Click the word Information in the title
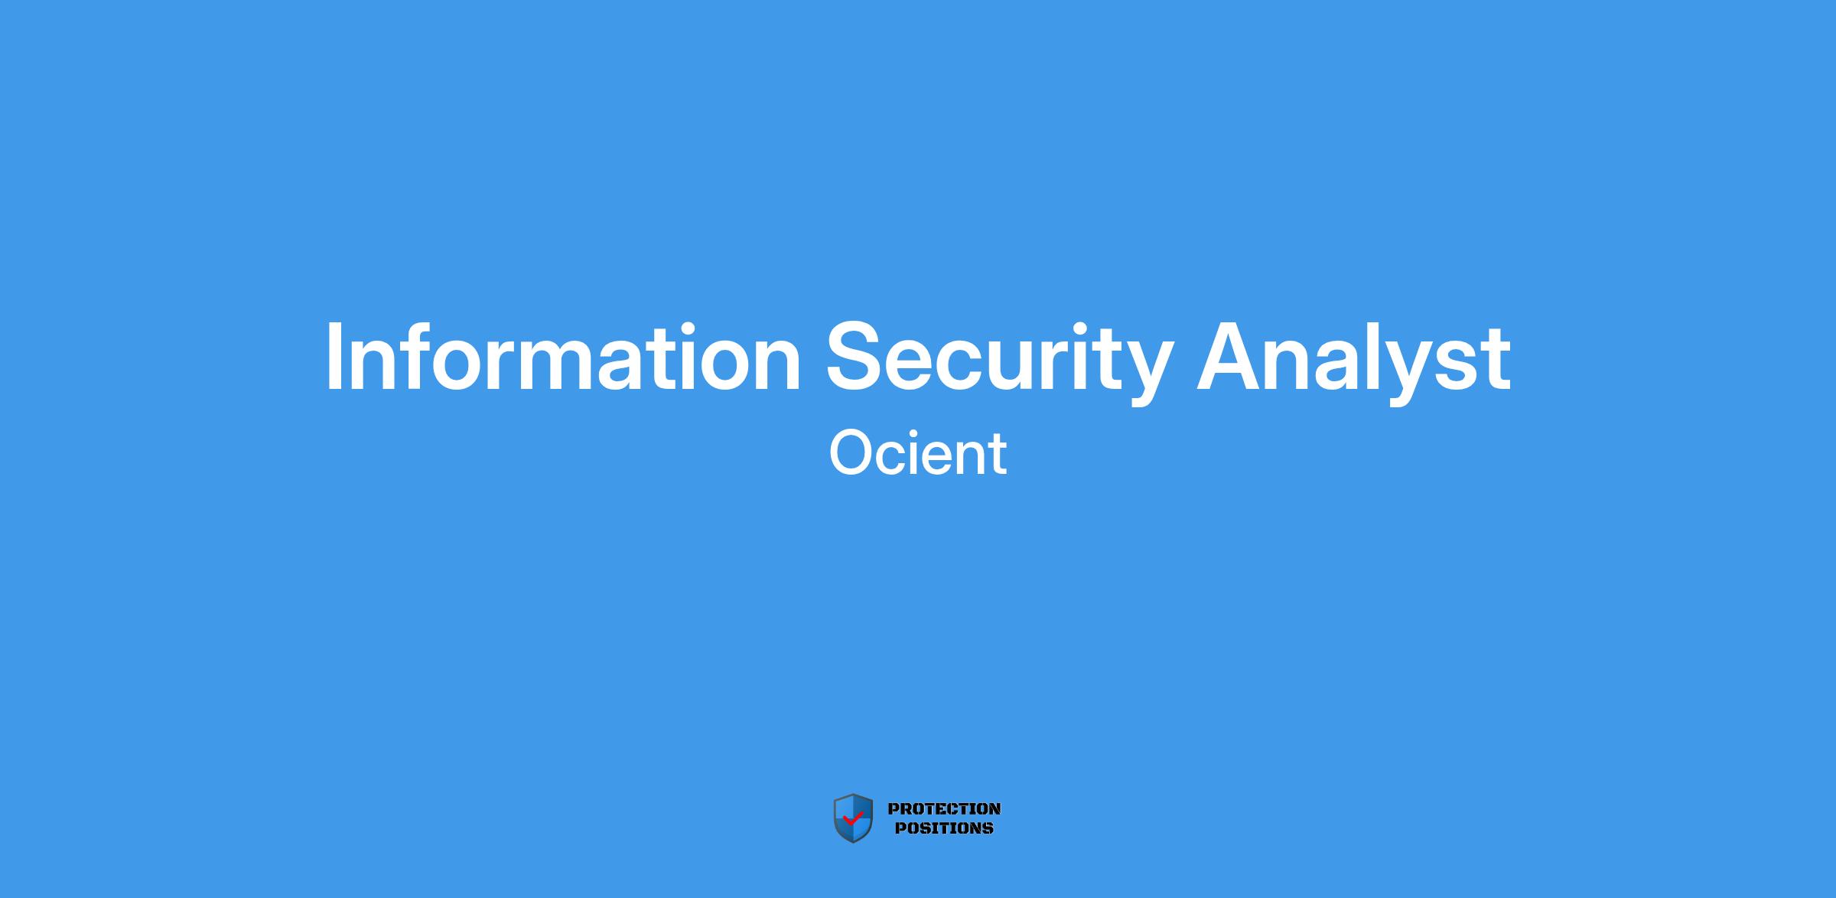click(563, 357)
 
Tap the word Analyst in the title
click(1353, 361)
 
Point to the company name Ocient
click(918, 452)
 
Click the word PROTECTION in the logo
click(944, 808)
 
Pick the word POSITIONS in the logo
click(944, 828)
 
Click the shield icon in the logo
click(853, 818)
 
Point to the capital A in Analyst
click(1230, 357)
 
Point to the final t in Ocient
click(998, 456)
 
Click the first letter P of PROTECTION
click(894, 808)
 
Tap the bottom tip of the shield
click(853, 843)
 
